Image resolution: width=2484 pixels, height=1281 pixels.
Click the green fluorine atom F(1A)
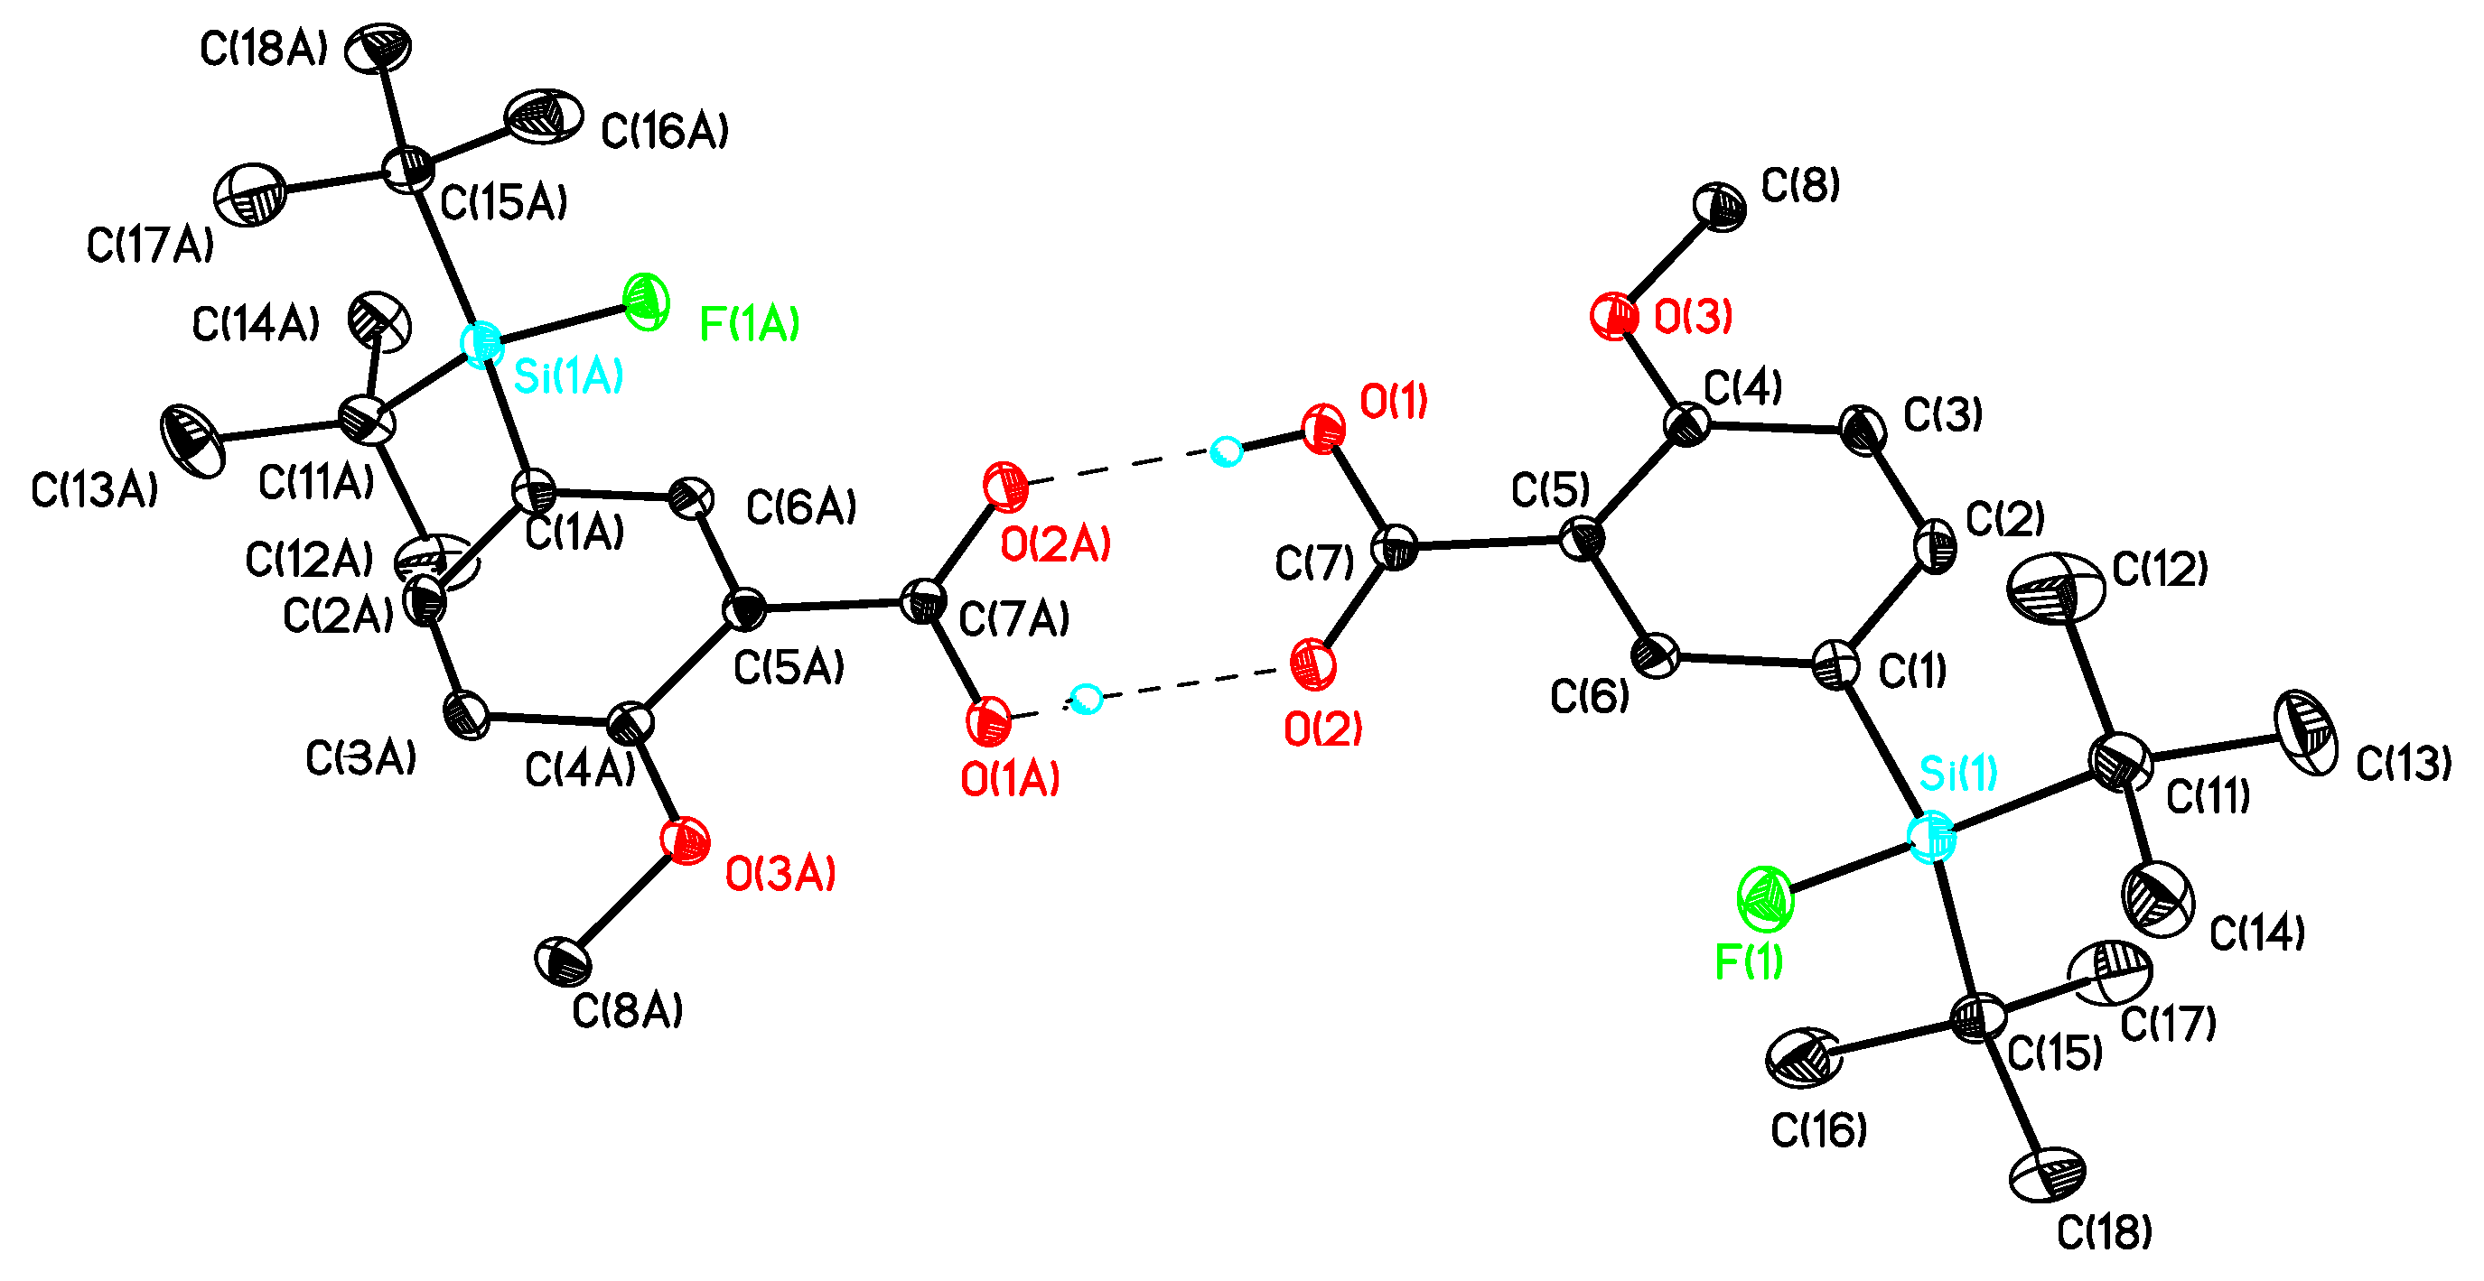coord(646,301)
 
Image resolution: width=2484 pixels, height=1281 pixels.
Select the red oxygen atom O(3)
coord(1613,316)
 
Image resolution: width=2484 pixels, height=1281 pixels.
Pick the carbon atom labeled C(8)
coord(1719,206)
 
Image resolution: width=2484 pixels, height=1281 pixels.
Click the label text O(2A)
coord(1056,545)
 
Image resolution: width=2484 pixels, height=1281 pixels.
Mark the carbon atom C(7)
coord(1396,547)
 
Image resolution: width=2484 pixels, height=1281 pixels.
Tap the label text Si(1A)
coord(569,376)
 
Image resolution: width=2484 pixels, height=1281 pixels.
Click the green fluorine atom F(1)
coord(1766,899)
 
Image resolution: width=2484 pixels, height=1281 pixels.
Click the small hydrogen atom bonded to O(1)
coord(1226,451)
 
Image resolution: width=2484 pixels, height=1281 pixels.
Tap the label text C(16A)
coord(665,132)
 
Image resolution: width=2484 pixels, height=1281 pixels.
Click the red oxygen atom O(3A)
coord(686,840)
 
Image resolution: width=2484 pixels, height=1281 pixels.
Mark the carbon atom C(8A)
coord(563,962)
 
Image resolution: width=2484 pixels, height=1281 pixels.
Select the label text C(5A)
coord(789,667)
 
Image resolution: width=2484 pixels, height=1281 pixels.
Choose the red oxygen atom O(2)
coord(1312,665)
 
